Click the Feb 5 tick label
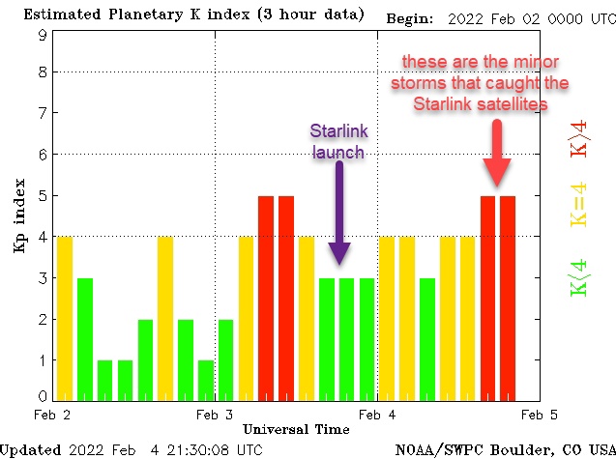[540, 415]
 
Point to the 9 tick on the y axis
[43, 34]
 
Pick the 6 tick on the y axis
[43, 155]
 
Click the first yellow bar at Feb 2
[65, 317]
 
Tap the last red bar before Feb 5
[508, 298]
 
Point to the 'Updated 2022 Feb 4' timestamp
[132, 449]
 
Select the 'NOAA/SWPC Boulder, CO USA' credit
[505, 449]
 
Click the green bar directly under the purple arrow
[346, 338]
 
